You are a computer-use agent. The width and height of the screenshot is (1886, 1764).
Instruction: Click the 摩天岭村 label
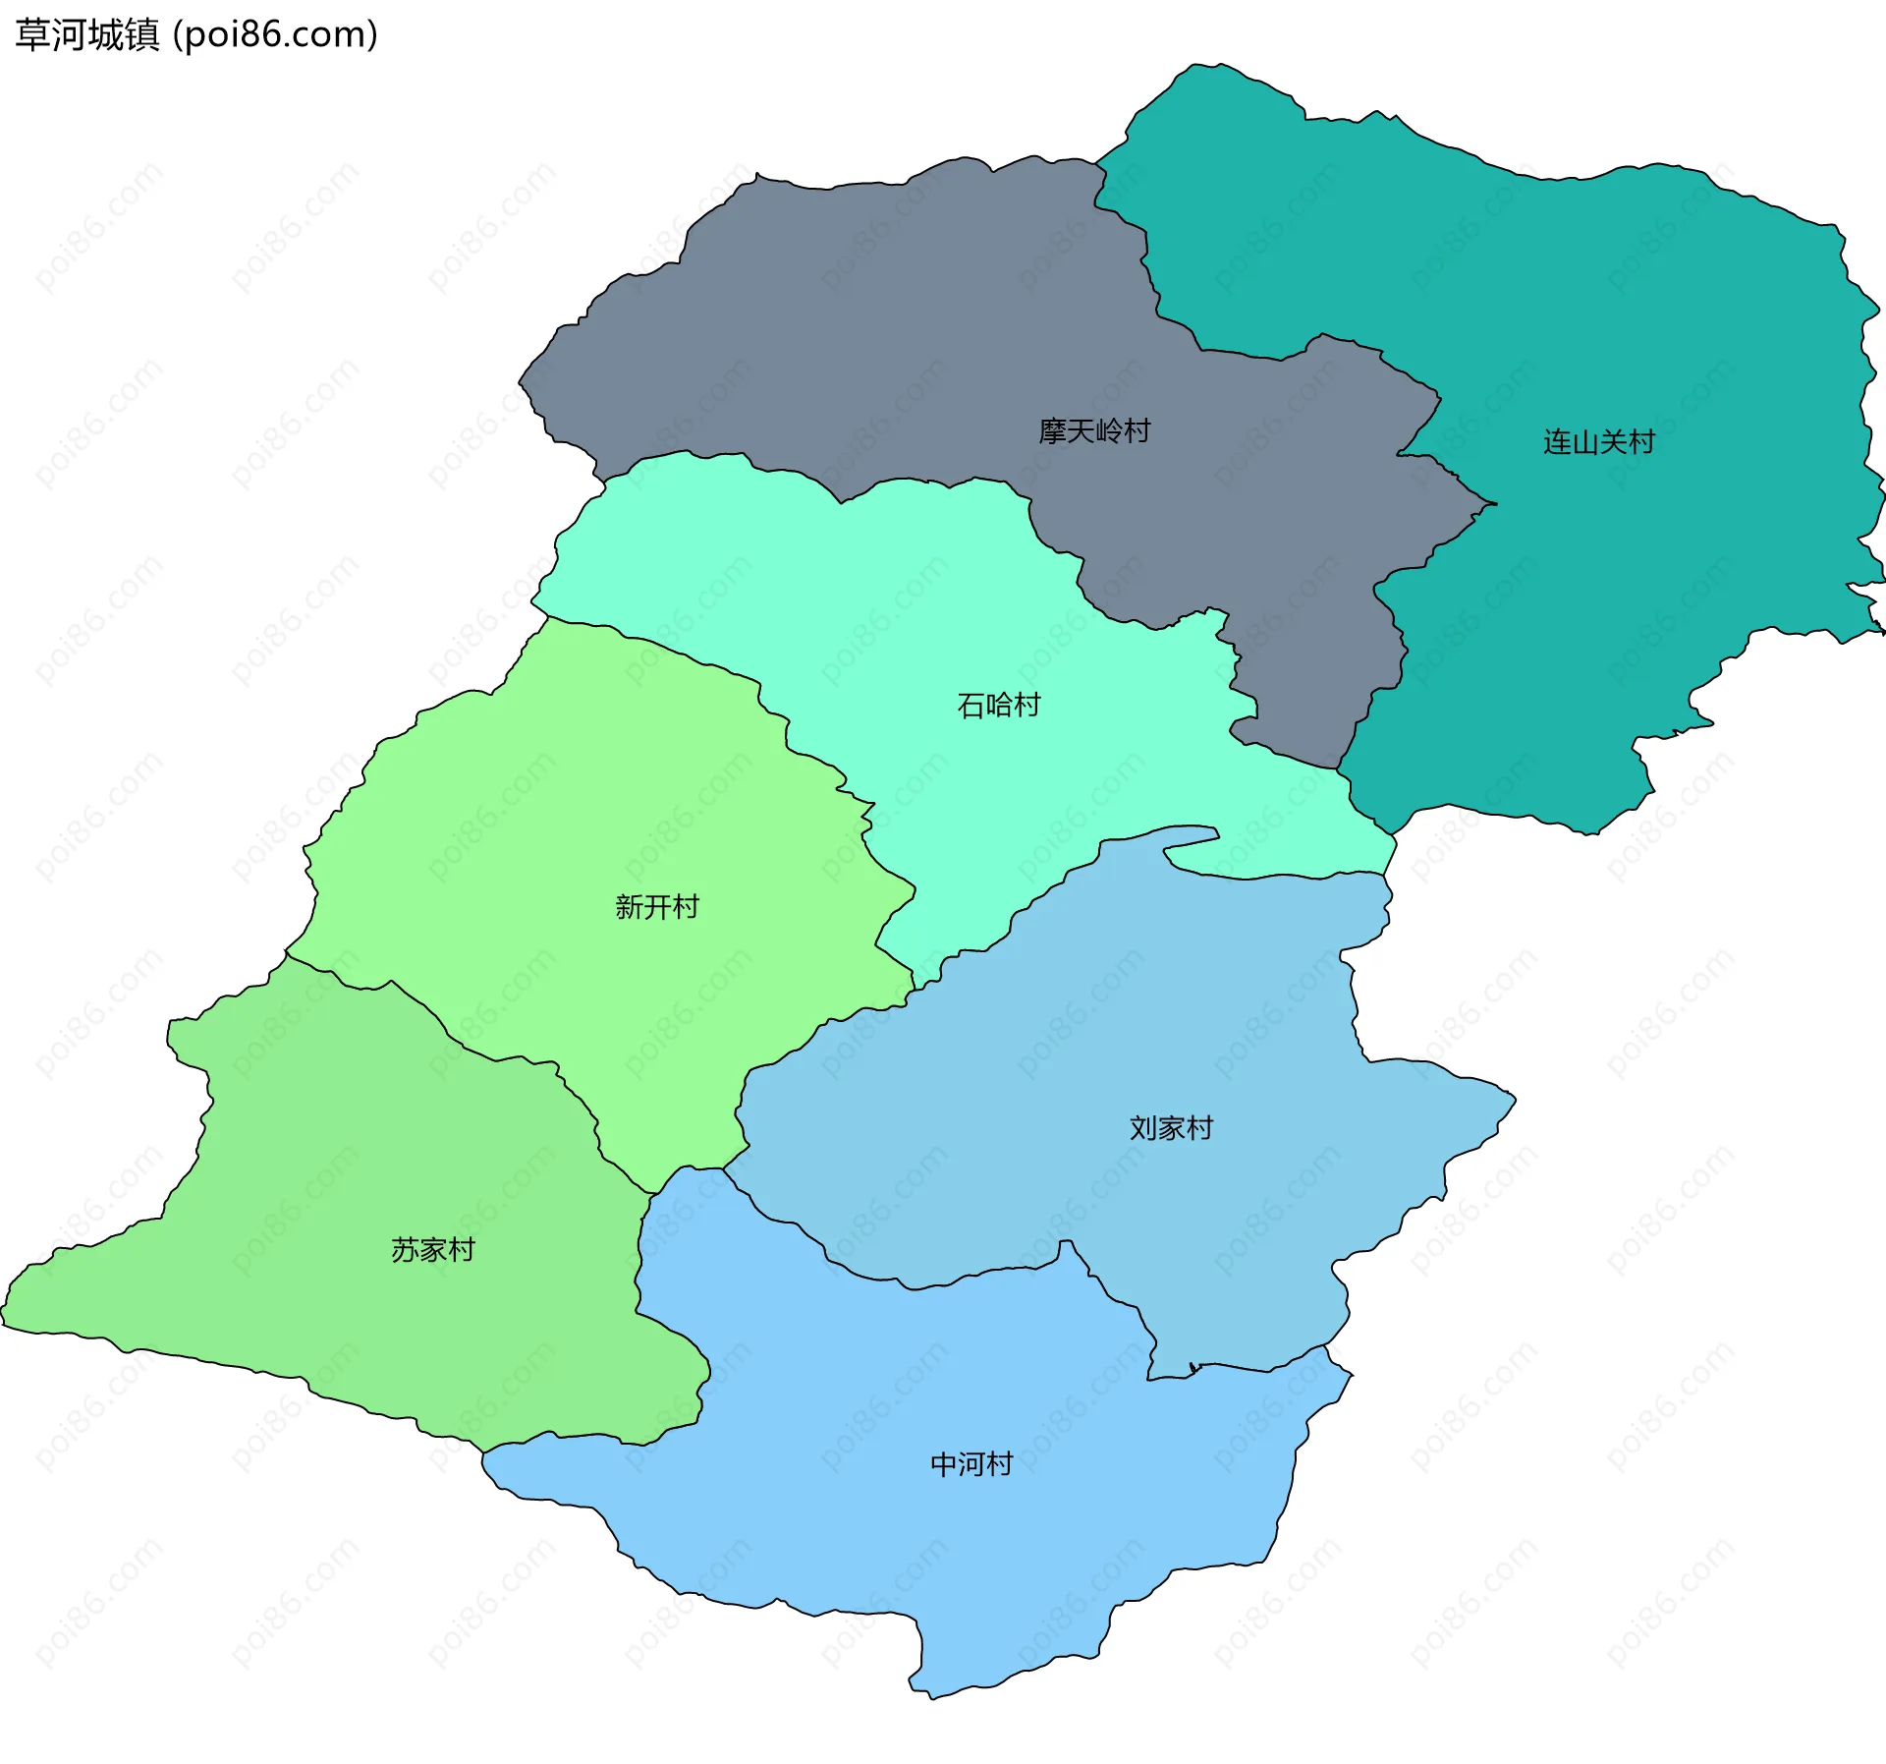tap(1094, 431)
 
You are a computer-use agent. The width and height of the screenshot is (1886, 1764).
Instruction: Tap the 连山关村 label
tap(1599, 442)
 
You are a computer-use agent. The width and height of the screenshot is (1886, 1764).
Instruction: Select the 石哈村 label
tap(998, 706)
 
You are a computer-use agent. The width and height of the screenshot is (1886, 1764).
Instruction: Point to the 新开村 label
tap(657, 907)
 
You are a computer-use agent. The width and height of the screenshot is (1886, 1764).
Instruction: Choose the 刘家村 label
tap(1171, 1128)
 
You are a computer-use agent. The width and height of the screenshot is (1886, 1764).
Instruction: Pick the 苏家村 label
tap(433, 1250)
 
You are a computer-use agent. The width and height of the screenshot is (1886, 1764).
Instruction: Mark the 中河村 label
tap(971, 1464)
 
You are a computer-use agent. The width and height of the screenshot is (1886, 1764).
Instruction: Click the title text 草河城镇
tap(87, 35)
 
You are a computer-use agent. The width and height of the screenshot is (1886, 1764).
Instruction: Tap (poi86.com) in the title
tap(276, 35)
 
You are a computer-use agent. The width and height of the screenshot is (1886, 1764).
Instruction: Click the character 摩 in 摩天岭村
tap(1053, 431)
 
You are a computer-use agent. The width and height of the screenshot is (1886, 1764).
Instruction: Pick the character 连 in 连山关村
tap(1558, 442)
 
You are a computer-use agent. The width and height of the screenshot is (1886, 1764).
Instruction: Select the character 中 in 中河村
tap(944, 1464)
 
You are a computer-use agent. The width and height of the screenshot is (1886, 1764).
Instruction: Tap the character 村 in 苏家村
tap(461, 1250)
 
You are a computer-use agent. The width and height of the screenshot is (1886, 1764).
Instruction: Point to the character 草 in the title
tap(32, 35)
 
